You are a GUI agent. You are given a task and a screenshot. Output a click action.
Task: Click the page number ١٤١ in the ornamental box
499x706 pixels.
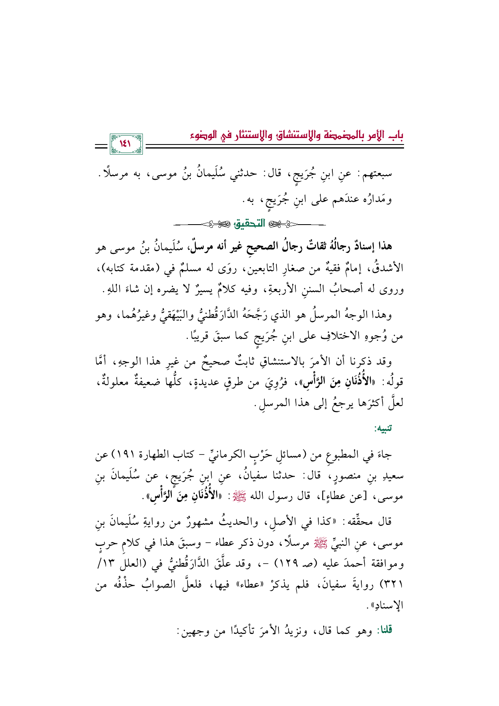click(125, 144)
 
